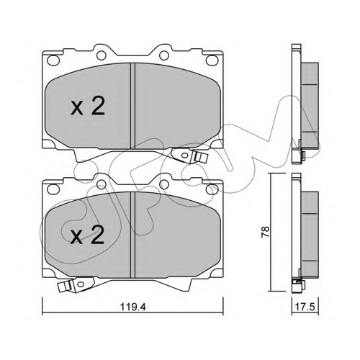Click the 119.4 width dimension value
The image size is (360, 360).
point(132,307)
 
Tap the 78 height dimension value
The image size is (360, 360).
point(266,232)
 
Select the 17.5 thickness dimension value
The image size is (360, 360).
point(305,307)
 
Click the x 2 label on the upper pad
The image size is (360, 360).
point(88,107)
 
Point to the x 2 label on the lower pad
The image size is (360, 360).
point(87,235)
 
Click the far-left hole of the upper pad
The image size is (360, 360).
point(53,60)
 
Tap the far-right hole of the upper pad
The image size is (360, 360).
point(212,60)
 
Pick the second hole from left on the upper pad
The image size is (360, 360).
point(102,55)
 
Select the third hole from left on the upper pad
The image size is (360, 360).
point(164,55)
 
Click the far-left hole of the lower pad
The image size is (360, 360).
point(53,189)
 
